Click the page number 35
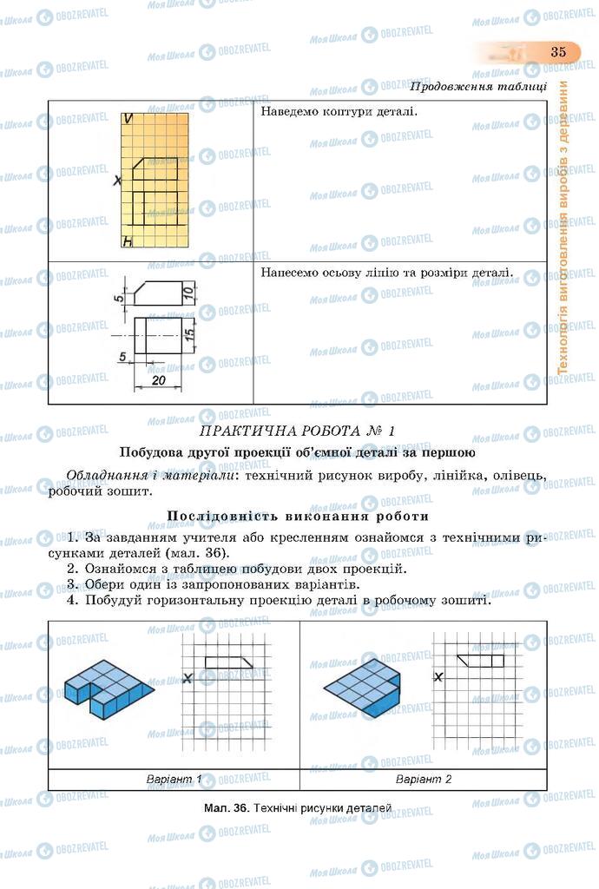[557, 52]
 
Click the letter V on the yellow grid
[128, 119]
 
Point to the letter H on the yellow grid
[127, 242]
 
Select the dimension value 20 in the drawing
[158, 380]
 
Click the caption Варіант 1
[174, 779]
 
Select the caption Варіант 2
[424, 779]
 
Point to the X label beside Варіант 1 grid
[188, 679]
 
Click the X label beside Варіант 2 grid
[438, 677]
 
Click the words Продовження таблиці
[477, 86]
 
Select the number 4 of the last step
[73, 600]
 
